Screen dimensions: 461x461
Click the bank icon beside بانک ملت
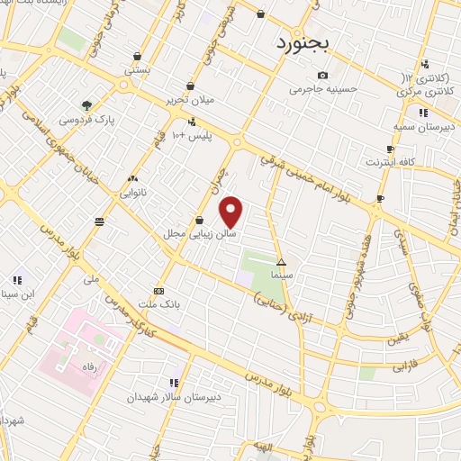158,291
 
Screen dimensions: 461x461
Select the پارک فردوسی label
86,118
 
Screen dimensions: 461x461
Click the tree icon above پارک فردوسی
86,104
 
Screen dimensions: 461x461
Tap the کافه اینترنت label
389,162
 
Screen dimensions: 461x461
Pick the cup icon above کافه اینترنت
389,149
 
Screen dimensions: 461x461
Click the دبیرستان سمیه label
422,127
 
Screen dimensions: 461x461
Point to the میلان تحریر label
189,101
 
